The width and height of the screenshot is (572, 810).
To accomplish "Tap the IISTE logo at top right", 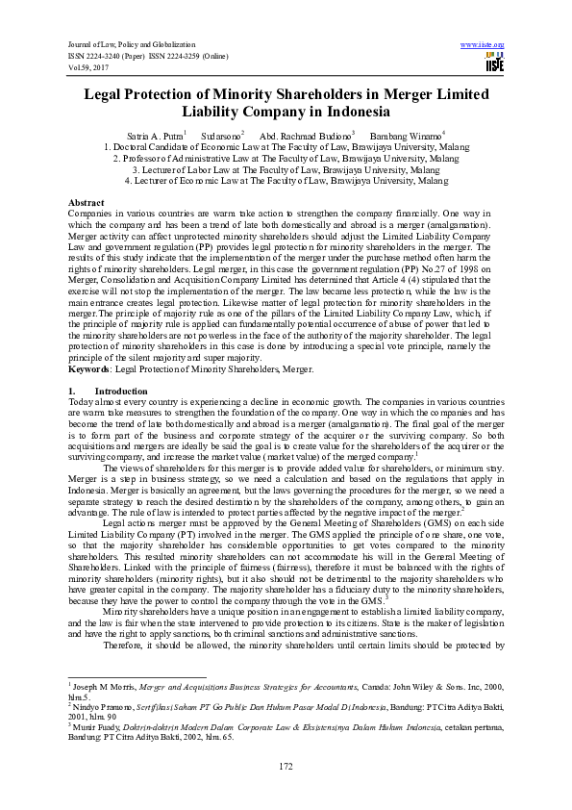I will (x=494, y=63).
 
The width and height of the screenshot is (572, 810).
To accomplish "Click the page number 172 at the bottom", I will (x=286, y=765).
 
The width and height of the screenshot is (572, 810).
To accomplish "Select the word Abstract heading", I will (x=87, y=202).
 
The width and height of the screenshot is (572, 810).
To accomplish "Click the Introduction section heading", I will (x=121, y=392).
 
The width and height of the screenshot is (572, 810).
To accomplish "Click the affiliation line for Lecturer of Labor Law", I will (x=286, y=168).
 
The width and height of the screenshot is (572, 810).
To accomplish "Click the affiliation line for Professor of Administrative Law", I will (x=286, y=158).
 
